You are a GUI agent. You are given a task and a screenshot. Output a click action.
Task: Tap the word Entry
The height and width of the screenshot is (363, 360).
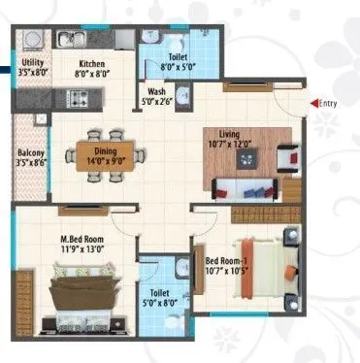[x=329, y=101]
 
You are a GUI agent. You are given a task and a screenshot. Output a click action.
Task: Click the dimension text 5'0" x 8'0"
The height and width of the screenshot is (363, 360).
[x=155, y=303]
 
